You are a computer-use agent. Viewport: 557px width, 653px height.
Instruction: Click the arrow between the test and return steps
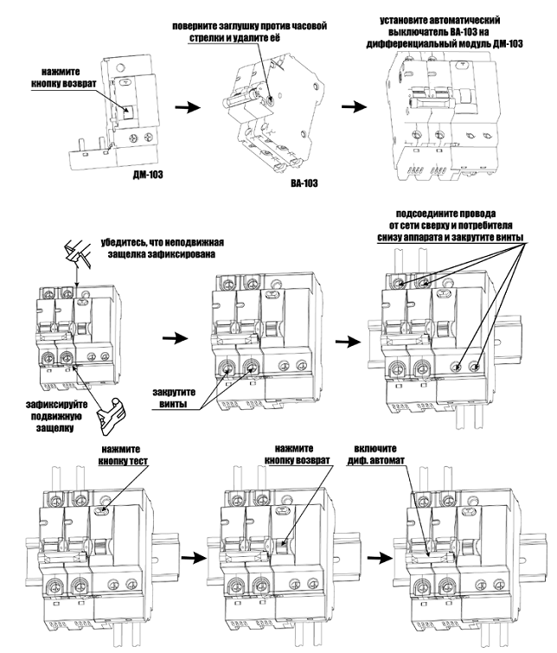(198, 560)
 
